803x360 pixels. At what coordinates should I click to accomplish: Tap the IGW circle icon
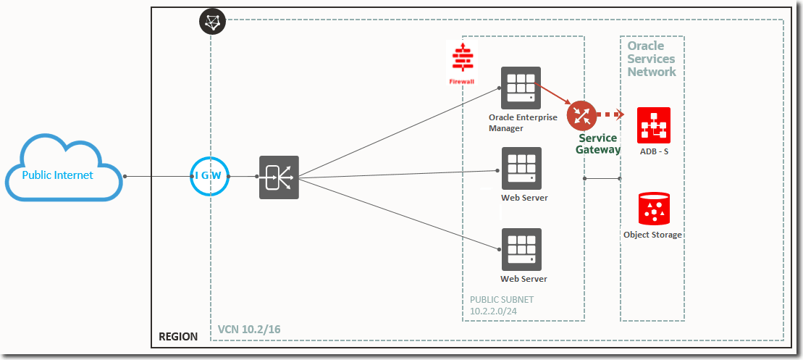coord(210,176)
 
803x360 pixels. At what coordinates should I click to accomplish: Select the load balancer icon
coord(279,177)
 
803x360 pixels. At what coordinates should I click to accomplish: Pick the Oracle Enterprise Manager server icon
coord(521,87)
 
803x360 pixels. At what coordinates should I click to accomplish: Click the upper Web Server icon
coord(521,168)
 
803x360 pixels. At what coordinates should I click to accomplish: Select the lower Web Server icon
coord(521,249)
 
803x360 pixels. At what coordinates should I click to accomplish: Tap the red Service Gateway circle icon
coord(581,114)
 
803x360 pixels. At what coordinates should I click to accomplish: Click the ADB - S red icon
coord(653,125)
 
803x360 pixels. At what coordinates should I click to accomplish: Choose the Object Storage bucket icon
coord(653,209)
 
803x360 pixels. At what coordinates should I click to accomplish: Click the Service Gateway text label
coord(598,143)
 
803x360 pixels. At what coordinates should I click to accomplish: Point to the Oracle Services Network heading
coord(652,59)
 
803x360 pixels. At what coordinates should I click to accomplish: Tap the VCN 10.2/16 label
coord(249,330)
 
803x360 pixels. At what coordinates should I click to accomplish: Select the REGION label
coord(178,337)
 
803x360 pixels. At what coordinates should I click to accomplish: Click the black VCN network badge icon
coord(212,22)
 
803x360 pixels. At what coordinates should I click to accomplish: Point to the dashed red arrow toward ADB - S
coord(610,114)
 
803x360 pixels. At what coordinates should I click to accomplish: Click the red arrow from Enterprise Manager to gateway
coord(555,96)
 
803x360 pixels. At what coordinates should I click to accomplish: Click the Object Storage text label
coord(653,235)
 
